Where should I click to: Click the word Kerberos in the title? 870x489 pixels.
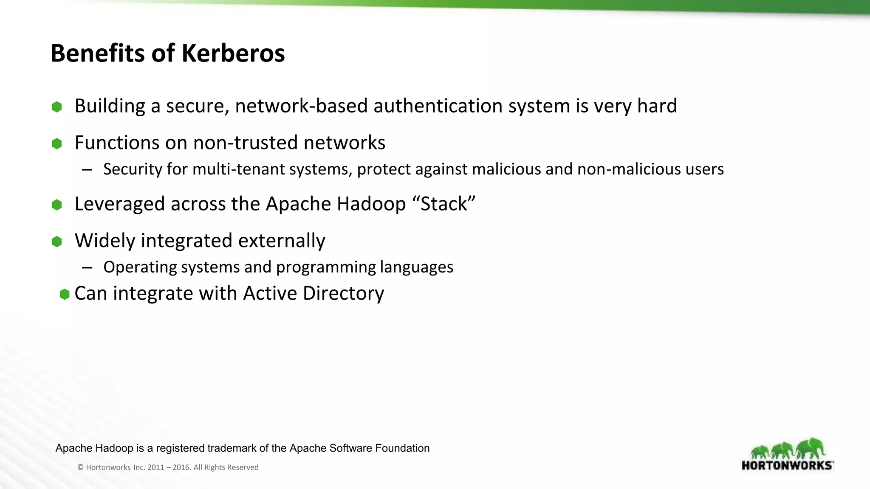pos(233,53)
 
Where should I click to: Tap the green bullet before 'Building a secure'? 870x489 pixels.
pos(57,107)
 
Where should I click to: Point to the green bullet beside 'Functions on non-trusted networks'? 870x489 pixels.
pos(57,143)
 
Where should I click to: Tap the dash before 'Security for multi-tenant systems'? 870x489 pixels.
pos(87,170)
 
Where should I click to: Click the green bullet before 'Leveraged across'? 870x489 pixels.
pos(57,205)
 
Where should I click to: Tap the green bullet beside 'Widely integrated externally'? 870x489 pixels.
pos(57,242)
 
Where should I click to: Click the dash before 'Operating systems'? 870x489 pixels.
pos(87,267)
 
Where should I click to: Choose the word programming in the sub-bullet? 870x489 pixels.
pos(326,267)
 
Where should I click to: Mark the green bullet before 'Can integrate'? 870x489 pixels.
pos(65,294)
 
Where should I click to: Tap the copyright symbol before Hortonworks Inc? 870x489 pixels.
pos(80,467)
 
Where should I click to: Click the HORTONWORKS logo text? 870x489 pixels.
pos(787,465)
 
